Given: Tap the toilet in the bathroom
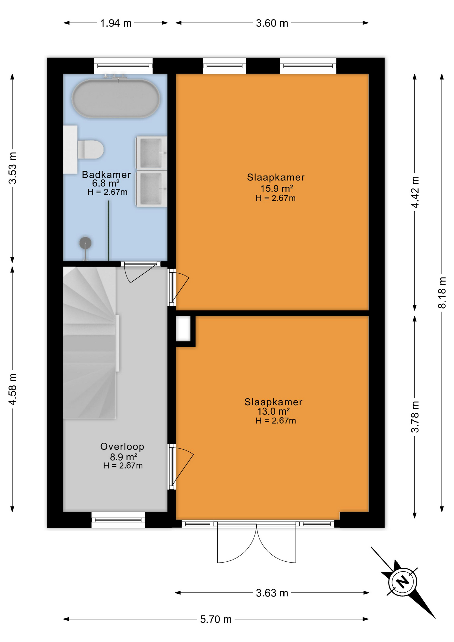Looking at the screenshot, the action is pyautogui.click(x=90, y=149).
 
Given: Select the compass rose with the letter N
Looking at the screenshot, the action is pyautogui.click(x=403, y=582).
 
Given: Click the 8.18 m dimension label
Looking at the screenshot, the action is pyautogui.click(x=442, y=292).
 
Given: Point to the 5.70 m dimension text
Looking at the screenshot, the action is pyautogui.click(x=216, y=619).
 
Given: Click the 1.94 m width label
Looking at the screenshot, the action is pyautogui.click(x=116, y=23).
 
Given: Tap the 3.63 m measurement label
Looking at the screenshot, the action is pyautogui.click(x=272, y=593).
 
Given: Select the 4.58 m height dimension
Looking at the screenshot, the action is pyautogui.click(x=13, y=389).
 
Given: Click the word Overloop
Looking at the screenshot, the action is pyautogui.click(x=122, y=446).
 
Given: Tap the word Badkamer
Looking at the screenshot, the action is pyautogui.click(x=106, y=174).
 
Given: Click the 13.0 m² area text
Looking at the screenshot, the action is pyautogui.click(x=273, y=411).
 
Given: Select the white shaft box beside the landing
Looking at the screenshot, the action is pyautogui.click(x=183, y=328).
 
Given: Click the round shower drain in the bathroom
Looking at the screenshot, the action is pyautogui.click(x=85, y=243).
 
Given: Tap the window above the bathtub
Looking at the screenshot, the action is pyautogui.click(x=123, y=66).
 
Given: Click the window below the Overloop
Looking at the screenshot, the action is pyautogui.click(x=118, y=520).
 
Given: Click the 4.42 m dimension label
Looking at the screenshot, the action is pyautogui.click(x=415, y=192).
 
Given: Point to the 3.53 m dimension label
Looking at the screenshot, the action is pyautogui.click(x=13, y=168).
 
